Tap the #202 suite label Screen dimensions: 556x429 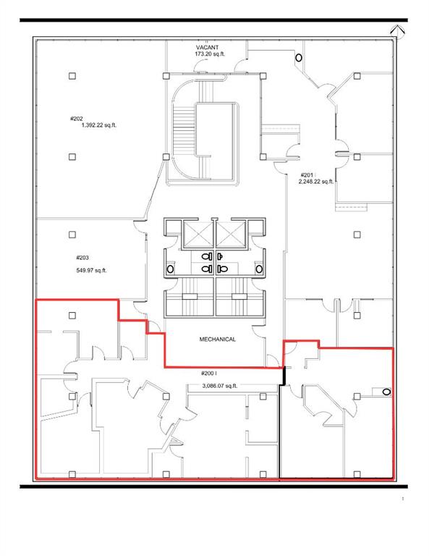coord(77,118)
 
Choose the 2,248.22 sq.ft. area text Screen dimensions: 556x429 coord(316,182)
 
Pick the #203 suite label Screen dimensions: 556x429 coord(82,257)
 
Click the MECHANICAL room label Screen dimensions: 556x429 coord(217,339)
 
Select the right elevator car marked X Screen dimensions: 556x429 coord(233,232)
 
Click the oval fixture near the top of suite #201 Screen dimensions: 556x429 coord(298,58)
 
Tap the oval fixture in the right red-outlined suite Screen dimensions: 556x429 coord(386,392)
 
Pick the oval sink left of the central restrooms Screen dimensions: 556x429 coord(171,269)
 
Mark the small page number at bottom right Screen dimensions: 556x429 coord(402,500)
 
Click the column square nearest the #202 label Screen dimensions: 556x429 coord(72,75)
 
